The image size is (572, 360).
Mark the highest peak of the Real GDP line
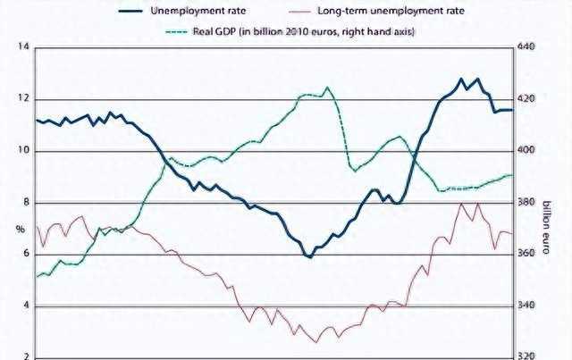pyautogui.click(x=327, y=88)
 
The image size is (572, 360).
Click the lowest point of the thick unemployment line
pyautogui.click(x=309, y=257)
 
